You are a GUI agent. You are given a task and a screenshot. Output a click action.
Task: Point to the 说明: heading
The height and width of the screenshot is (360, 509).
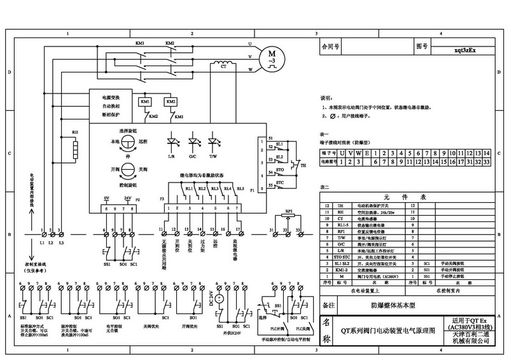326,99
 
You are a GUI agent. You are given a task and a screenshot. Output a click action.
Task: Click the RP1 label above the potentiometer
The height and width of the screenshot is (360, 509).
288,210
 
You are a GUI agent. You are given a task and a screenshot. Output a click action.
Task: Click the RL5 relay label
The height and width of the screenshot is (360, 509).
241,189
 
